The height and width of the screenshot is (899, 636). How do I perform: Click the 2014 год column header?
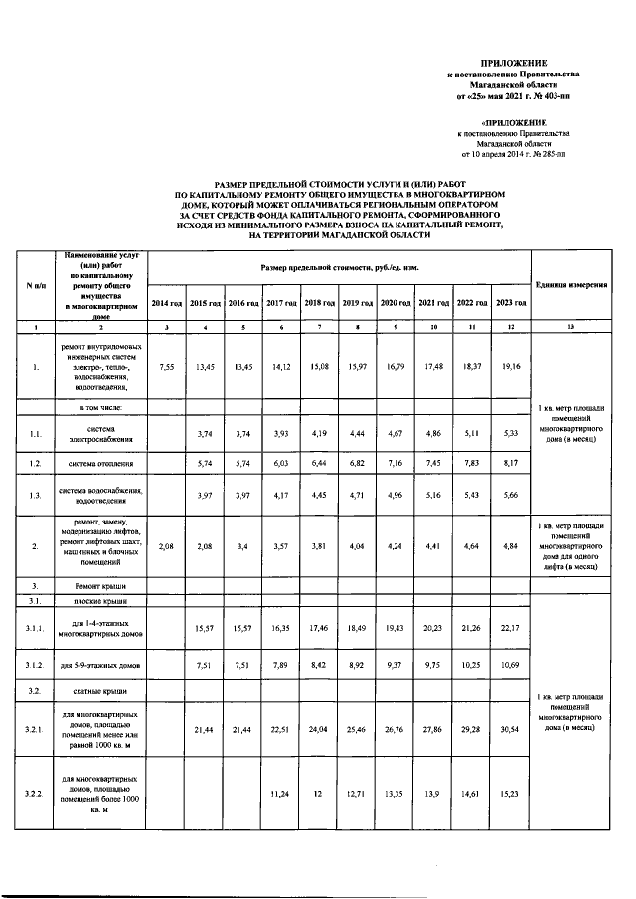pos(166,302)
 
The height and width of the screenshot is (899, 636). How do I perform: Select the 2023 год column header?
pos(511,302)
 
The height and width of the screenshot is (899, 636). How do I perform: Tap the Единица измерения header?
pos(571,285)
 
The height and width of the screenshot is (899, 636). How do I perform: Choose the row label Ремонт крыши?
pos(99,586)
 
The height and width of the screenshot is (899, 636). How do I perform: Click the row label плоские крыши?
pos(99,602)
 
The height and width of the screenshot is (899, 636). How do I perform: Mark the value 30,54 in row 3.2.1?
pos(511,729)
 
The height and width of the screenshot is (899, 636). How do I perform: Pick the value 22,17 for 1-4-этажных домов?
pos(511,629)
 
